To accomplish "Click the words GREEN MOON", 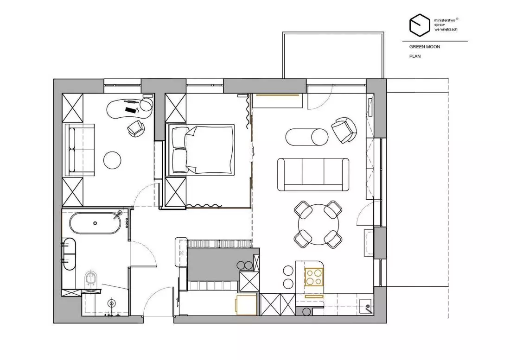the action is click(x=424, y=47).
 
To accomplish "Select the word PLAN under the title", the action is click(x=414, y=56).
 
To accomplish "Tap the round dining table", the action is click(x=319, y=225).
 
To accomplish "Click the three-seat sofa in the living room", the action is click(x=313, y=174).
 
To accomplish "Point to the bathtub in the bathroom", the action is click(x=95, y=223).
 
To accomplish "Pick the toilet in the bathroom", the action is click(x=91, y=279).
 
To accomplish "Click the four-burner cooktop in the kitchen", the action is click(x=314, y=277).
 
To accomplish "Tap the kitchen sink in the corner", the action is click(x=367, y=306).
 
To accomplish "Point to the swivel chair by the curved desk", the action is click(x=136, y=128).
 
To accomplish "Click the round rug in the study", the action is click(x=112, y=160).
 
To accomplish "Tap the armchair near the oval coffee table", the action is click(x=344, y=130).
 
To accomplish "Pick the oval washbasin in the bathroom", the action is click(x=69, y=254).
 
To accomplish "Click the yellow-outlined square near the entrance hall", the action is click(x=246, y=305).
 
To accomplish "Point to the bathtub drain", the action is click(x=95, y=223).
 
